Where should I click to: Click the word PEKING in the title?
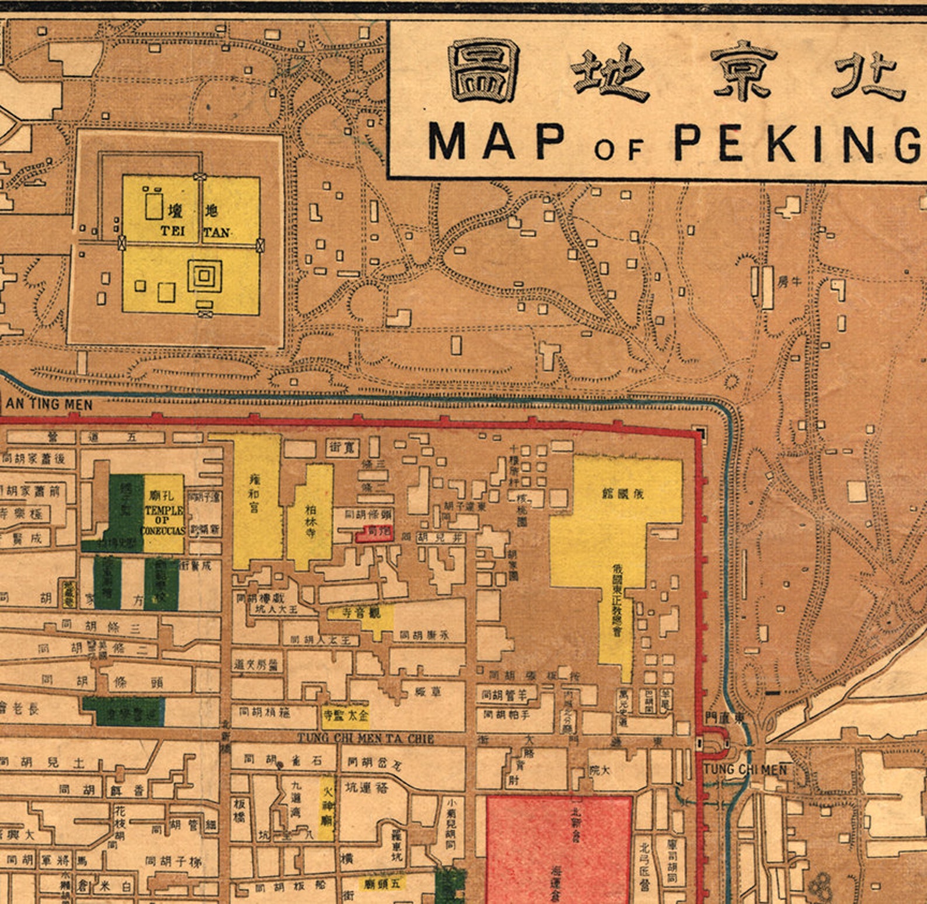tap(797, 142)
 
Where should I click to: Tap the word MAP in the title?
tap(497, 141)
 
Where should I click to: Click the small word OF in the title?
tap(618, 149)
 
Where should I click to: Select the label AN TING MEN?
tap(49, 404)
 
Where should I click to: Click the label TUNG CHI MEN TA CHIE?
tap(365, 738)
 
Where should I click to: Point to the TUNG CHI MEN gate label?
tap(745, 770)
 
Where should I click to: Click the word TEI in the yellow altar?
tap(173, 231)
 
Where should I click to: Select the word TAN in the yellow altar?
tap(217, 232)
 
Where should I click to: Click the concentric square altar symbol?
tap(204, 275)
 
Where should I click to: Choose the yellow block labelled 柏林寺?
tap(312, 516)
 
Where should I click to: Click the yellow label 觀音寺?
tap(361, 613)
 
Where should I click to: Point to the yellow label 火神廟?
tap(327, 807)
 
